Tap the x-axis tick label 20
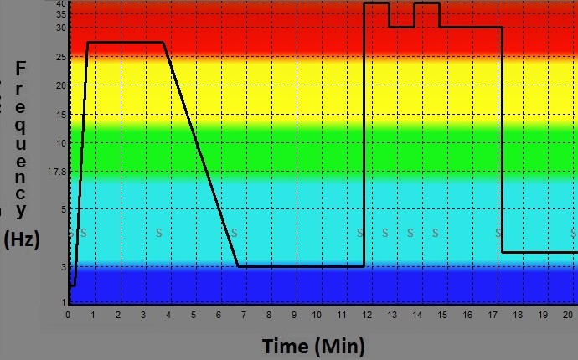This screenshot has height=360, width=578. [x=569, y=315]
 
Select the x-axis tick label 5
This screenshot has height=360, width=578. [x=194, y=315]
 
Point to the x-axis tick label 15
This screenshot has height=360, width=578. [x=442, y=315]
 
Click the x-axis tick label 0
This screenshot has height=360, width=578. [x=69, y=315]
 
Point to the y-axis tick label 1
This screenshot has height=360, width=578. [x=62, y=301]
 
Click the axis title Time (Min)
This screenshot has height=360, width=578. [x=313, y=346]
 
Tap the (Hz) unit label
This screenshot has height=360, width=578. [x=22, y=239]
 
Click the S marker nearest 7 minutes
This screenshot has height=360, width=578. [x=235, y=232]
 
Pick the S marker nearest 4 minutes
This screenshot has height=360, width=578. [x=159, y=232]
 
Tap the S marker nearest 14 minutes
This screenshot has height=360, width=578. [x=410, y=232]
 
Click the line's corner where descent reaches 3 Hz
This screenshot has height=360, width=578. [x=239, y=266]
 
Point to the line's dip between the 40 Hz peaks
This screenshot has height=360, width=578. [x=401, y=27]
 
